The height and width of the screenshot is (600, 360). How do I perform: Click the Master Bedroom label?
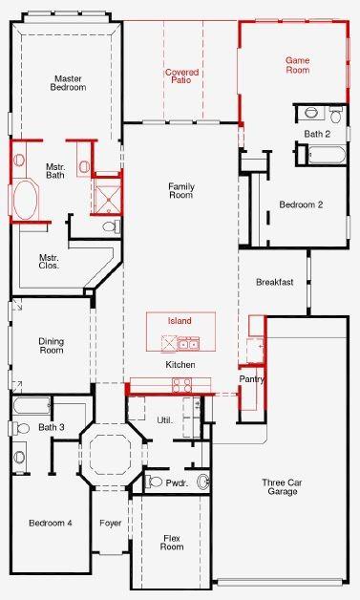coord(69,82)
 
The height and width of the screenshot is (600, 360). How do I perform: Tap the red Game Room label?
coord(298,65)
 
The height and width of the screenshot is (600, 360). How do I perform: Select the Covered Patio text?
coord(180,77)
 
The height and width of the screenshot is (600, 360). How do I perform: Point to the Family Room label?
coord(180,190)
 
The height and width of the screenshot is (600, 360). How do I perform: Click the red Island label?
coord(180,321)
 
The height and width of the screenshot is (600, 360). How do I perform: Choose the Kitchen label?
coord(180,366)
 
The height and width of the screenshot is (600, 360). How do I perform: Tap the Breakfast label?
coord(273,283)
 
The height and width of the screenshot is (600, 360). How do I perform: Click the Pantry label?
coord(252,380)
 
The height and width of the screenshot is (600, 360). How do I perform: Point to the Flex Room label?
coord(171,542)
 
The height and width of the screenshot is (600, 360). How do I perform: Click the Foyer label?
coord(111,524)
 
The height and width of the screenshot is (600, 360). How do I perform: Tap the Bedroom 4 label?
coord(50,524)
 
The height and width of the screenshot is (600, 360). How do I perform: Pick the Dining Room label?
coord(51,346)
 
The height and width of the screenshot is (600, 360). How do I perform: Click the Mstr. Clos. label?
coord(49,261)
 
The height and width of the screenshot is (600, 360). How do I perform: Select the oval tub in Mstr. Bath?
coord(26,202)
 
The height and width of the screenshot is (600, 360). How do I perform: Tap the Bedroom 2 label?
coord(301,204)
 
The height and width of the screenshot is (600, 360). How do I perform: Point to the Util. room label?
coord(164,420)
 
